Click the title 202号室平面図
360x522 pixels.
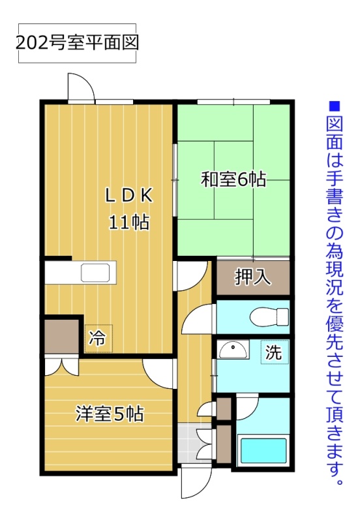(x=77, y=43)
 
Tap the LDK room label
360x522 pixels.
(x=129, y=195)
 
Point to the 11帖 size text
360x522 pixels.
(x=129, y=222)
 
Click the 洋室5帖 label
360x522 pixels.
(x=110, y=414)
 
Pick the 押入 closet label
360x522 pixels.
(x=253, y=277)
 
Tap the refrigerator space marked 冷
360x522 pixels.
(x=98, y=338)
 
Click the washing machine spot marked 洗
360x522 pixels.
(x=275, y=352)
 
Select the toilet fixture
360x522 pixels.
(x=269, y=317)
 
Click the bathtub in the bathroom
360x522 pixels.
(x=264, y=450)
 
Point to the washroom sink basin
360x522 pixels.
(x=233, y=349)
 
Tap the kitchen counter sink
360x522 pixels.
(x=95, y=273)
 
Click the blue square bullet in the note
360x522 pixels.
(x=334, y=106)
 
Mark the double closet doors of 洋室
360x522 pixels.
(x=62, y=366)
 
